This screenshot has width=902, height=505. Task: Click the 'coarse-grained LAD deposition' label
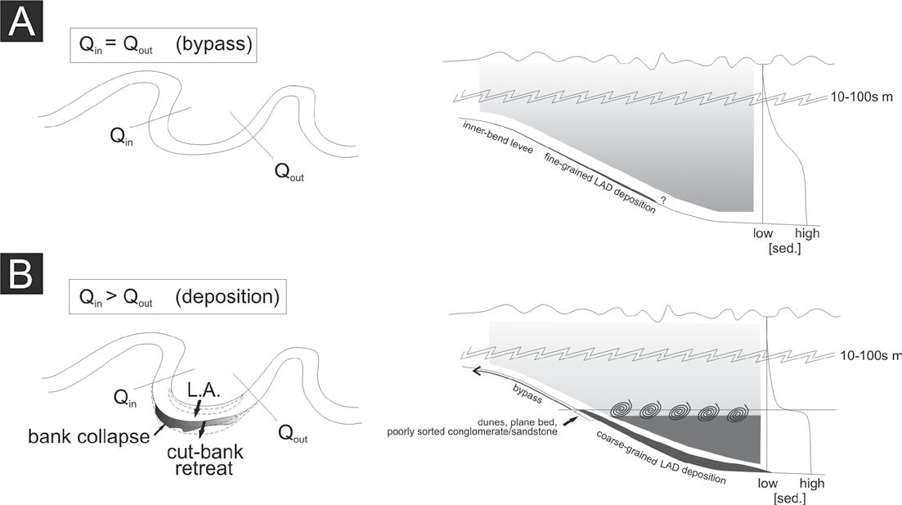point(659,453)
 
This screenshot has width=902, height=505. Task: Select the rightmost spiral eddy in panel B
point(738,411)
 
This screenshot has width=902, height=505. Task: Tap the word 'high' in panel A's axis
point(805,233)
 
